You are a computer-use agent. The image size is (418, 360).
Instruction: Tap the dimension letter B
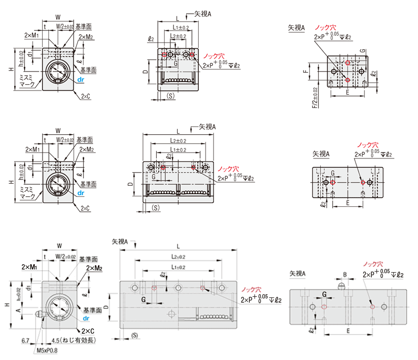(344, 274)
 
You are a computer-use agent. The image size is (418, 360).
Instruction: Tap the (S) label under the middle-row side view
(155, 208)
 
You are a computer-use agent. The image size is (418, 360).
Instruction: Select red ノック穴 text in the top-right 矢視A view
(325, 28)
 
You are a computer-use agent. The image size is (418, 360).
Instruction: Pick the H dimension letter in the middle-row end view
(10, 182)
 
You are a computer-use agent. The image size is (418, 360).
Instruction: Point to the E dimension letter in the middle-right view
(349, 202)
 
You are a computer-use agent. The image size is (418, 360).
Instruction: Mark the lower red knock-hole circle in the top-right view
(348, 79)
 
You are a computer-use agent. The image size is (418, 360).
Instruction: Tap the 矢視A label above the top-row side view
(202, 14)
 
